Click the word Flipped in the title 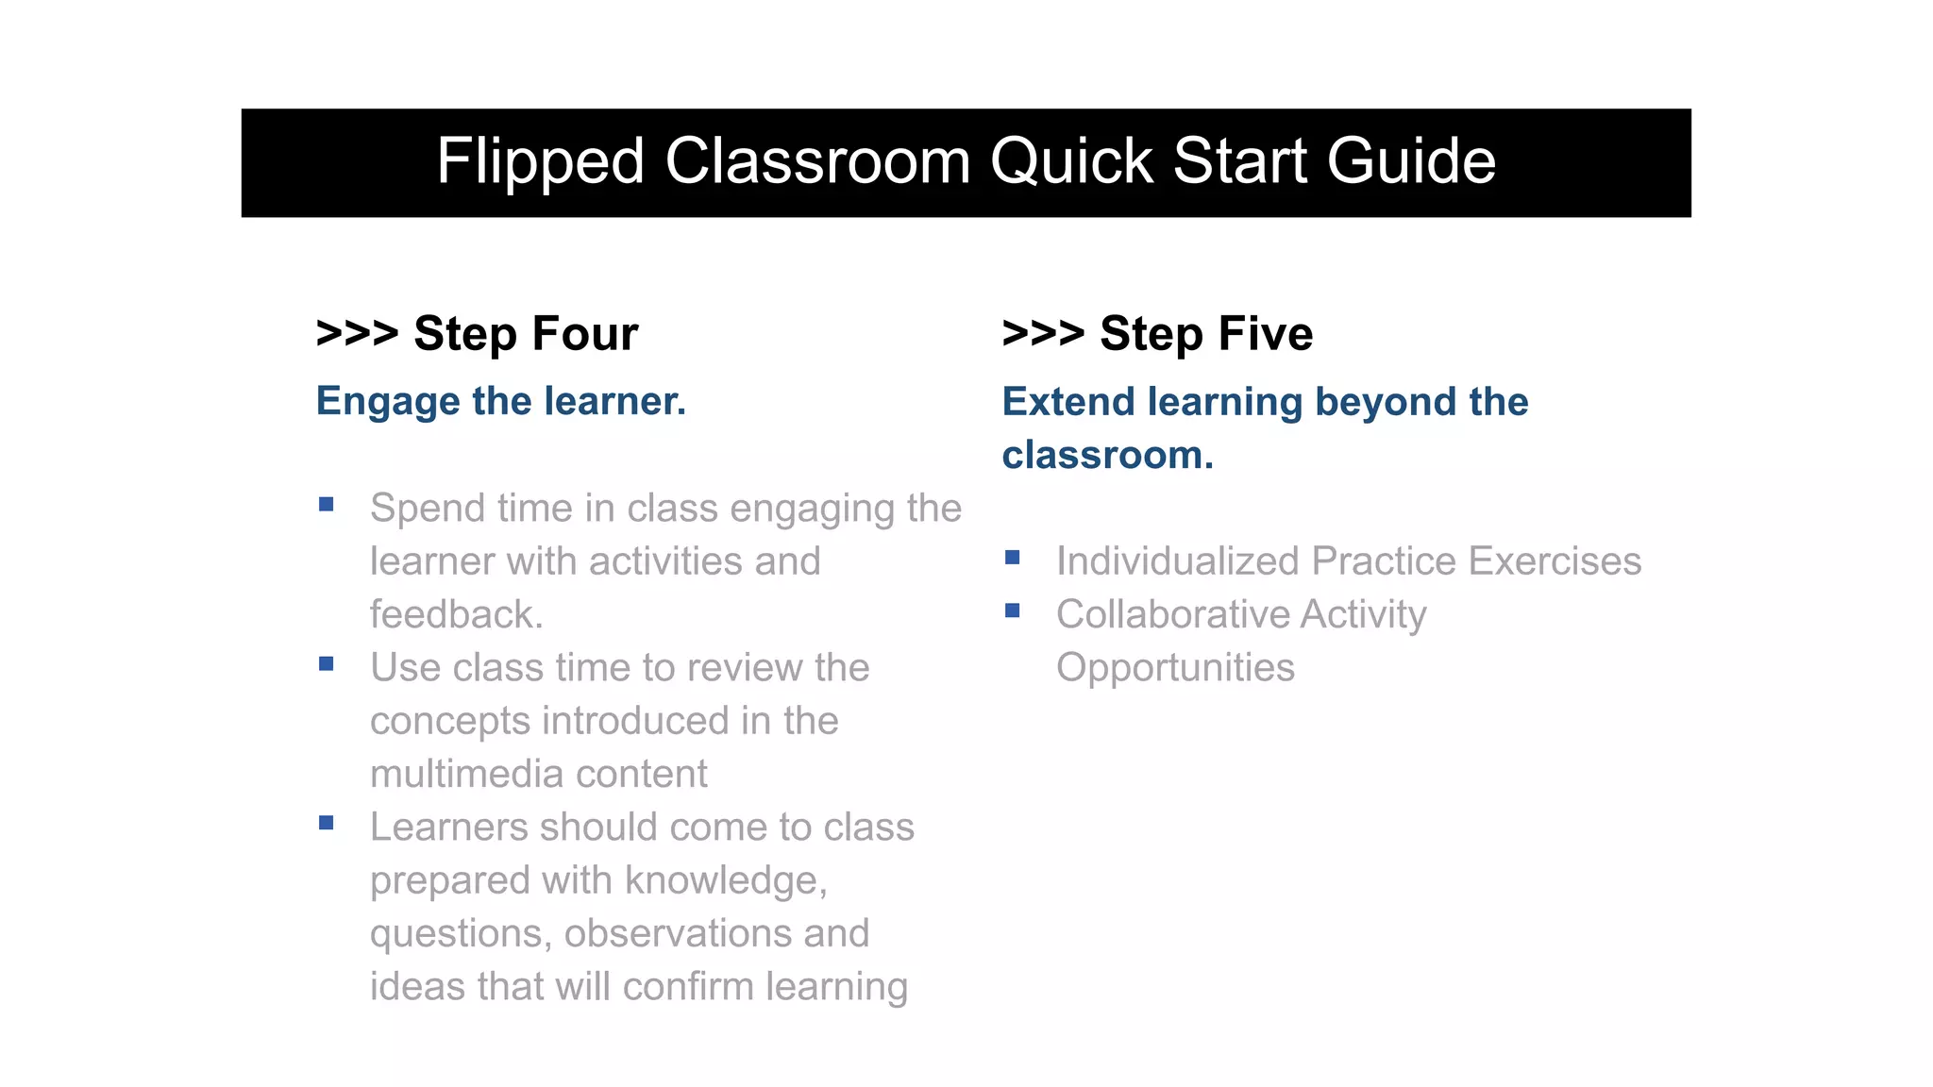(540, 162)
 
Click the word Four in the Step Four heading (585, 334)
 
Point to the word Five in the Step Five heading (1266, 334)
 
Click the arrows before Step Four (357, 334)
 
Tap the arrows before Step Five (1043, 334)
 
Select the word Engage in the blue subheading (388, 403)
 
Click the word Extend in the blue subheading (1068, 403)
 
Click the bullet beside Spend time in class (327, 505)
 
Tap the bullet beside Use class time (327, 664)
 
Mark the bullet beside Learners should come (327, 824)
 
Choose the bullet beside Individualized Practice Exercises (1013, 558)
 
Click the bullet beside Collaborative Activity (1013, 611)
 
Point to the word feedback (456, 615)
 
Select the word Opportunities (1175, 668)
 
